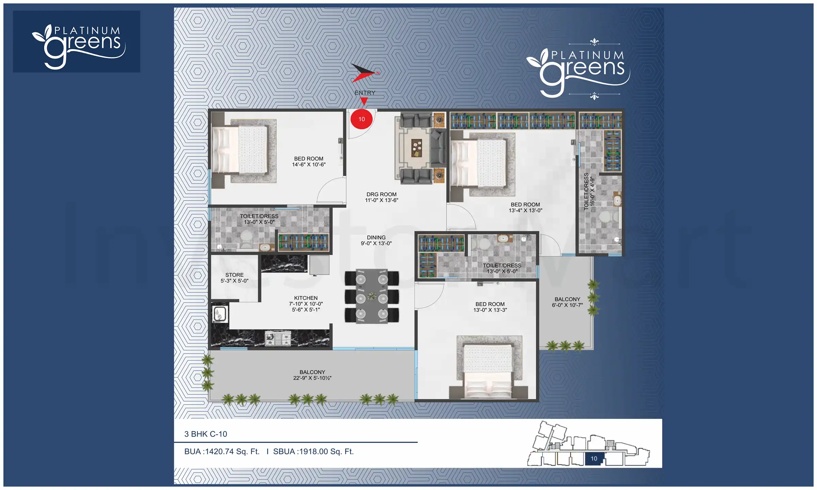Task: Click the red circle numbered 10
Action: [x=362, y=119]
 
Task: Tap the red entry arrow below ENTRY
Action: [x=364, y=101]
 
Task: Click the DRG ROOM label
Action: [x=381, y=197]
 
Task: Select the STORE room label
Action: [x=235, y=278]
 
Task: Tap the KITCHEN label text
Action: [x=306, y=298]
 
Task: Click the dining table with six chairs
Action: [x=372, y=296]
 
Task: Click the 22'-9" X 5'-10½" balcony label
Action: [x=312, y=375]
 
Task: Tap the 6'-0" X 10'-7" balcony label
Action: [x=567, y=302]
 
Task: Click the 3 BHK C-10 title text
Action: [x=206, y=434]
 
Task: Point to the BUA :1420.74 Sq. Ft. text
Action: [x=222, y=452]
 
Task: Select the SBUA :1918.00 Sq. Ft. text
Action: [x=313, y=452]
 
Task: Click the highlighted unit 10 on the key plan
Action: [x=594, y=458]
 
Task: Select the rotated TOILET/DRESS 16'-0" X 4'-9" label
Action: [x=589, y=191]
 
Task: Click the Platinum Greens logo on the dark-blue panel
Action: [x=77, y=42]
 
